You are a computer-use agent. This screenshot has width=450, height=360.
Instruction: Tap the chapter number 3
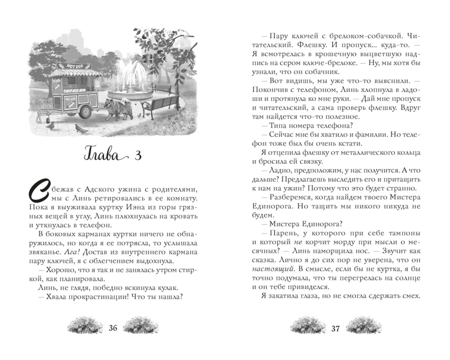tap(138, 156)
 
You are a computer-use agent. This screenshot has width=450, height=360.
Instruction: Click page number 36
tap(113, 328)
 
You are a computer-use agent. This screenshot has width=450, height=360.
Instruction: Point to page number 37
tap(335, 328)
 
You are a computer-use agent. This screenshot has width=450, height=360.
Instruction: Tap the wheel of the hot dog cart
tap(86, 112)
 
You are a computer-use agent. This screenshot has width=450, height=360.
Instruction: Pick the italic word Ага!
tap(73, 252)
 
